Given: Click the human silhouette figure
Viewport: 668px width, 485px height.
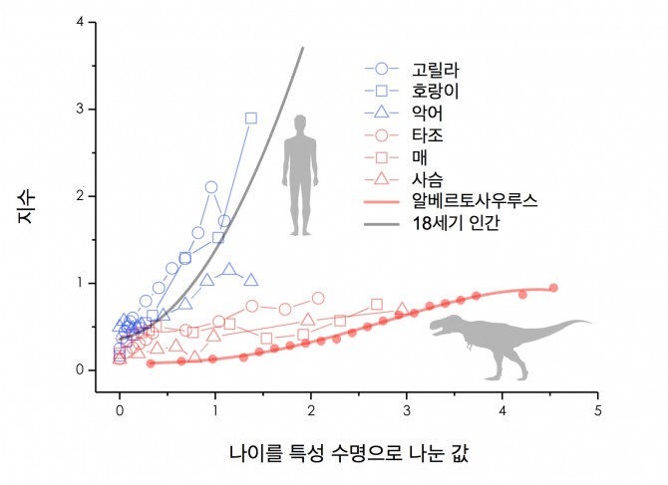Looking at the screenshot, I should (298, 175).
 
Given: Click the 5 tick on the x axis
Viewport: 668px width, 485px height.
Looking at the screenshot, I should (597, 409).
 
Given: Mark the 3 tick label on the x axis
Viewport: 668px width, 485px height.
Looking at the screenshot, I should (406, 409).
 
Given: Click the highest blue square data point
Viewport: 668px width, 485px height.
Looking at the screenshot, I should (250, 118).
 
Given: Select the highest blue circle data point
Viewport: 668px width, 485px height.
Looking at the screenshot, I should (211, 186).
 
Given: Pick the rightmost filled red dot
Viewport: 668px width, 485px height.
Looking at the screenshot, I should (553, 288).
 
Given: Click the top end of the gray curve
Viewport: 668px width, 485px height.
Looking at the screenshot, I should (303, 47).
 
